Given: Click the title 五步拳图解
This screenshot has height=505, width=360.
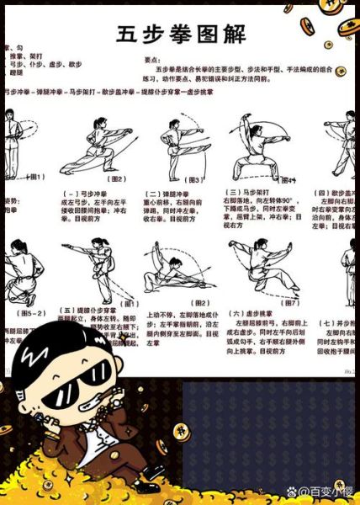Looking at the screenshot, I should (x=181, y=35).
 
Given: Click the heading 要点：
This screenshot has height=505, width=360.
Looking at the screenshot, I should (x=155, y=60).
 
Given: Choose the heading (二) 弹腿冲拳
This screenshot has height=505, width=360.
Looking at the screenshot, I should (x=167, y=192).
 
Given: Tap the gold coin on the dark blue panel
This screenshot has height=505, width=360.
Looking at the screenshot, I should (x=180, y=432).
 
